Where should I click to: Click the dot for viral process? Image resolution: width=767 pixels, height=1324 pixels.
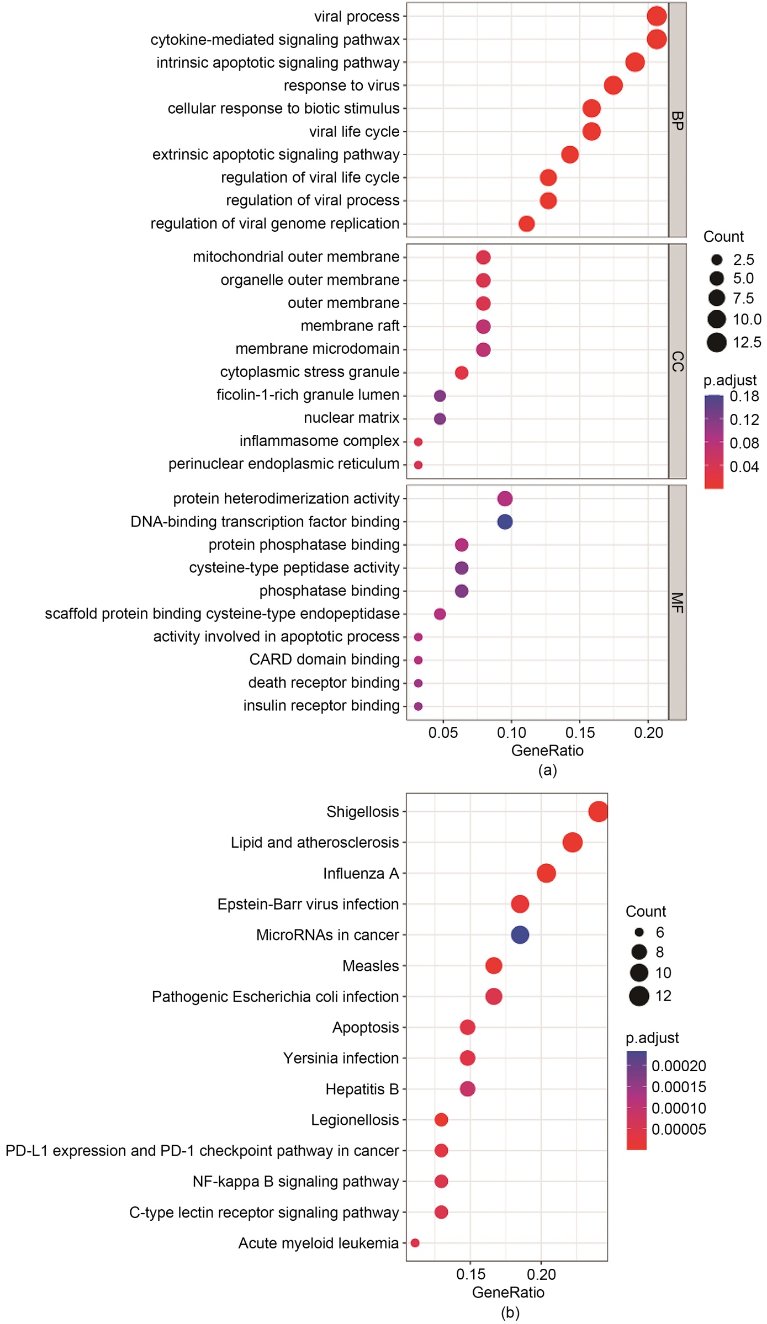point(656,16)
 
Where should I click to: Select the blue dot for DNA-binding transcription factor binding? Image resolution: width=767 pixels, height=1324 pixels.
point(505,522)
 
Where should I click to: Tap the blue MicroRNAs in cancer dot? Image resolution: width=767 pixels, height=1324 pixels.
point(520,935)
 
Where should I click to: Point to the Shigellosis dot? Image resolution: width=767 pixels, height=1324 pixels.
point(598,812)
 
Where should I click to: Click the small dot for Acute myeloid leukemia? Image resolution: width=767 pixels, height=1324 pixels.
point(415,1243)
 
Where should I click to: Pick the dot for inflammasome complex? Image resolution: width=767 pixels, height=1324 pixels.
point(418,442)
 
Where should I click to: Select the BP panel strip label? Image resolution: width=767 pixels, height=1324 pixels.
point(678,120)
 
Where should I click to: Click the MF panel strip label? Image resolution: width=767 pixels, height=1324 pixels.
point(678,603)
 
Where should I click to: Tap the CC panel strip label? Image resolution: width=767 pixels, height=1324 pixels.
point(678,361)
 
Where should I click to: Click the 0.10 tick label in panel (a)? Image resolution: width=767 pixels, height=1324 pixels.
point(511,733)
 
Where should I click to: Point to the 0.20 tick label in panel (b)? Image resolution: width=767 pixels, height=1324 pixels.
point(541,1274)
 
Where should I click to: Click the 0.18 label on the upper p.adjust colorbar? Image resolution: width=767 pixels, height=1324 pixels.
point(744,396)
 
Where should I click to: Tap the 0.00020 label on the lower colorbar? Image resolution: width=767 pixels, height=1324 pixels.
point(679,1066)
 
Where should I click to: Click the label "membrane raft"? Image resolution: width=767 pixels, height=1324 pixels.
point(350,326)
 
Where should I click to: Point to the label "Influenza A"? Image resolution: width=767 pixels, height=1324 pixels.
point(361,874)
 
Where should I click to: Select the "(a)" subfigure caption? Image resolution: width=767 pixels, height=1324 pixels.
point(547,770)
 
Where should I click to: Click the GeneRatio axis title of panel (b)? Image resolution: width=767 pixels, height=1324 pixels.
point(508,1292)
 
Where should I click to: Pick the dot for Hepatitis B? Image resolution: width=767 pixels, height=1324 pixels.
point(467,1089)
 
